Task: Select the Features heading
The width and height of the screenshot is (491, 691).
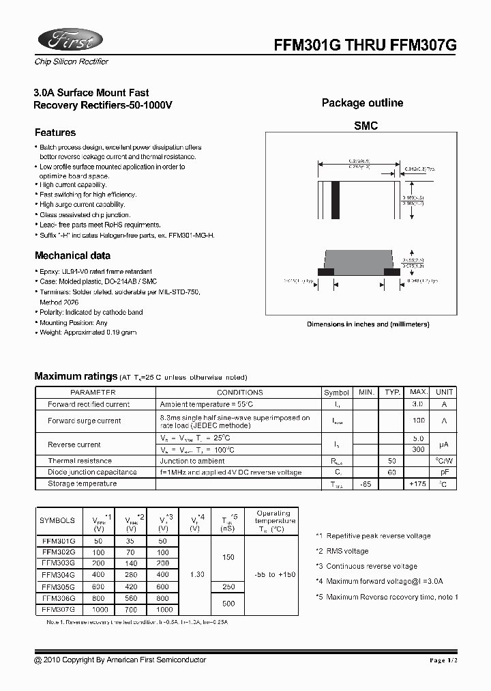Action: tap(55, 132)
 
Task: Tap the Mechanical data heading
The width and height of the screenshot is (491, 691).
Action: tap(72, 256)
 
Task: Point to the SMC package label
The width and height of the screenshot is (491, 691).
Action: tap(366, 126)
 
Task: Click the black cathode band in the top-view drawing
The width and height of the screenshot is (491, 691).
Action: tap(335, 200)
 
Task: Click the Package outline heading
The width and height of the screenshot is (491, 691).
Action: tap(362, 103)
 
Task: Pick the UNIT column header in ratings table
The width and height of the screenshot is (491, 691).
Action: tap(444, 393)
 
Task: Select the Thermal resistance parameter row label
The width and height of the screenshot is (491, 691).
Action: tap(80, 461)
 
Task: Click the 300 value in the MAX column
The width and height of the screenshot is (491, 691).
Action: tap(419, 450)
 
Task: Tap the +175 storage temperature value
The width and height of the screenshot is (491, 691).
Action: tap(418, 484)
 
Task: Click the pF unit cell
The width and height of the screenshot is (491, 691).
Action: tap(444, 473)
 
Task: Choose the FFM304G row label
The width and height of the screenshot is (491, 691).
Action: tap(58, 575)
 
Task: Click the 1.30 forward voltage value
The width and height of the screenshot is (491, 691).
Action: tap(195, 575)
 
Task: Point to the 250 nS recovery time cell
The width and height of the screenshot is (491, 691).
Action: tap(228, 587)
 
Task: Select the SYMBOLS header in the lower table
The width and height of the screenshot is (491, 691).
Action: tap(58, 520)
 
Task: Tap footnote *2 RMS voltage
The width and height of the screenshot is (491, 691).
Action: tap(342, 551)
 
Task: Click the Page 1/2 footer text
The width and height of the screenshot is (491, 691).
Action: tap(447, 660)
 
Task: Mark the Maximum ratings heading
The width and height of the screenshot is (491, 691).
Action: tap(76, 376)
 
